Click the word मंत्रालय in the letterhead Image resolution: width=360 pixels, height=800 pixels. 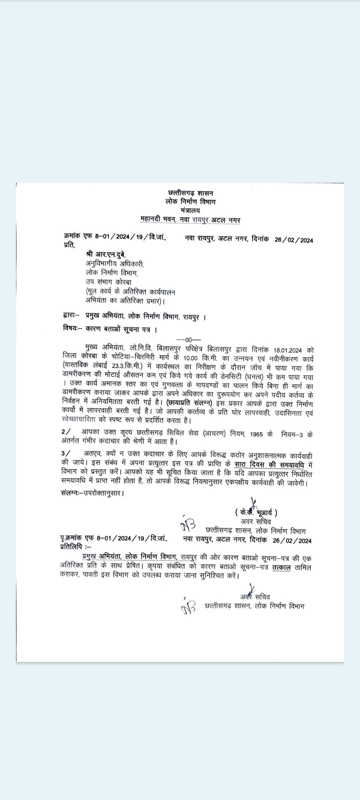point(190,210)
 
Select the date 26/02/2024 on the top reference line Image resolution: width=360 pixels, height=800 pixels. point(294,240)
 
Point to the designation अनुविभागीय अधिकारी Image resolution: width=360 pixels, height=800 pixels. point(114,264)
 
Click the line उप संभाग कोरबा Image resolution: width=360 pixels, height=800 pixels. point(106,282)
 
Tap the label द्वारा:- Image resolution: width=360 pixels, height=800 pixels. point(72,317)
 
